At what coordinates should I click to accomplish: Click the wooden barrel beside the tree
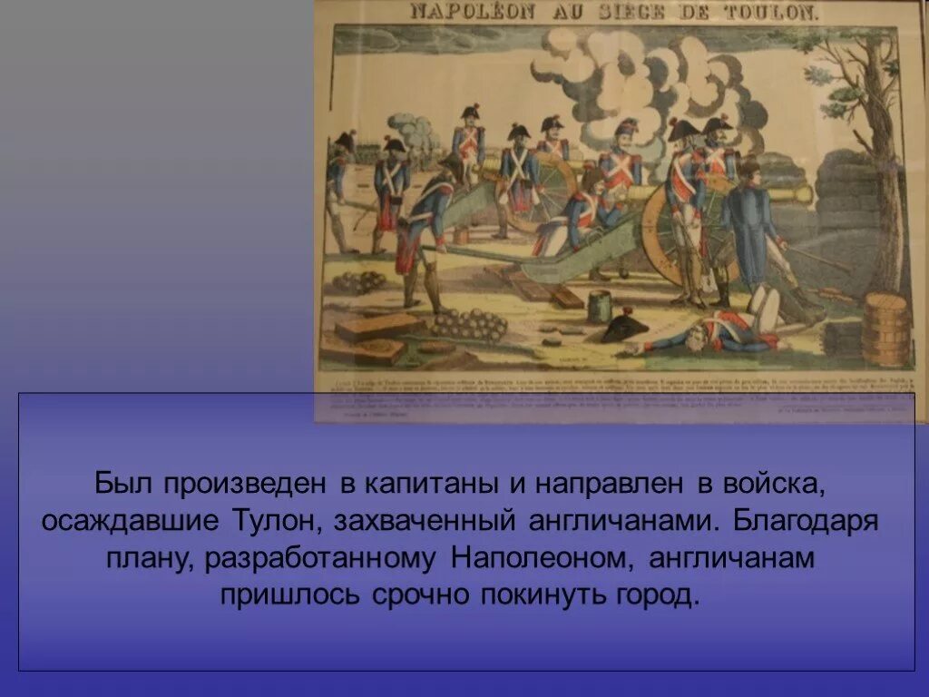pos(885,329)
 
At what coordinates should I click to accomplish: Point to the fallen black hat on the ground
pos(623,327)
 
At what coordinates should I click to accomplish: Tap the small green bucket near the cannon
pos(599,306)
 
